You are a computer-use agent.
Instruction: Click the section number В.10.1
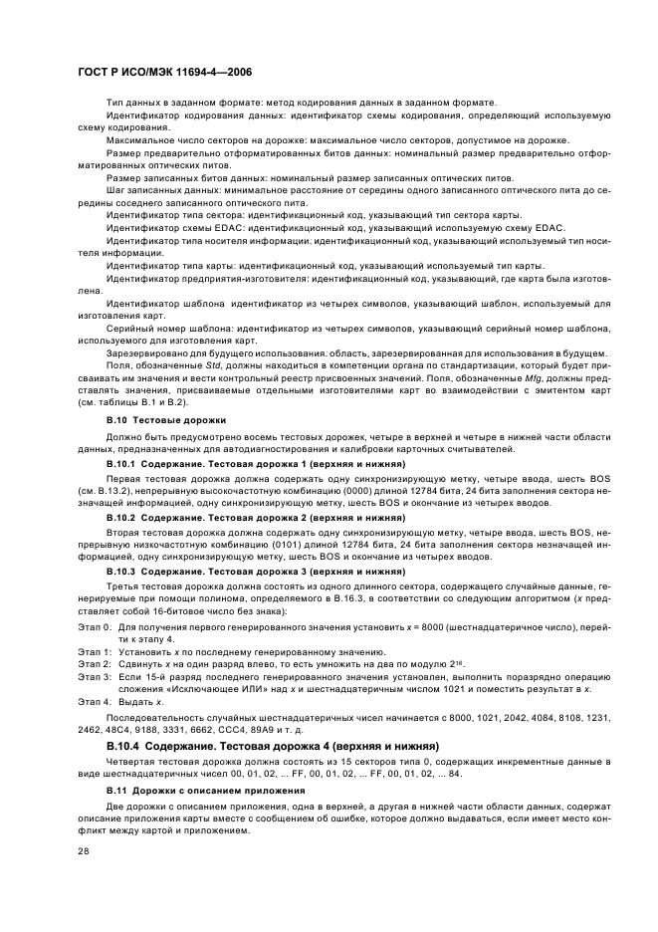point(121,463)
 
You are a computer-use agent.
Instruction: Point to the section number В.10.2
point(121,518)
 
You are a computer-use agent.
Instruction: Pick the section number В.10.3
point(121,574)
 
